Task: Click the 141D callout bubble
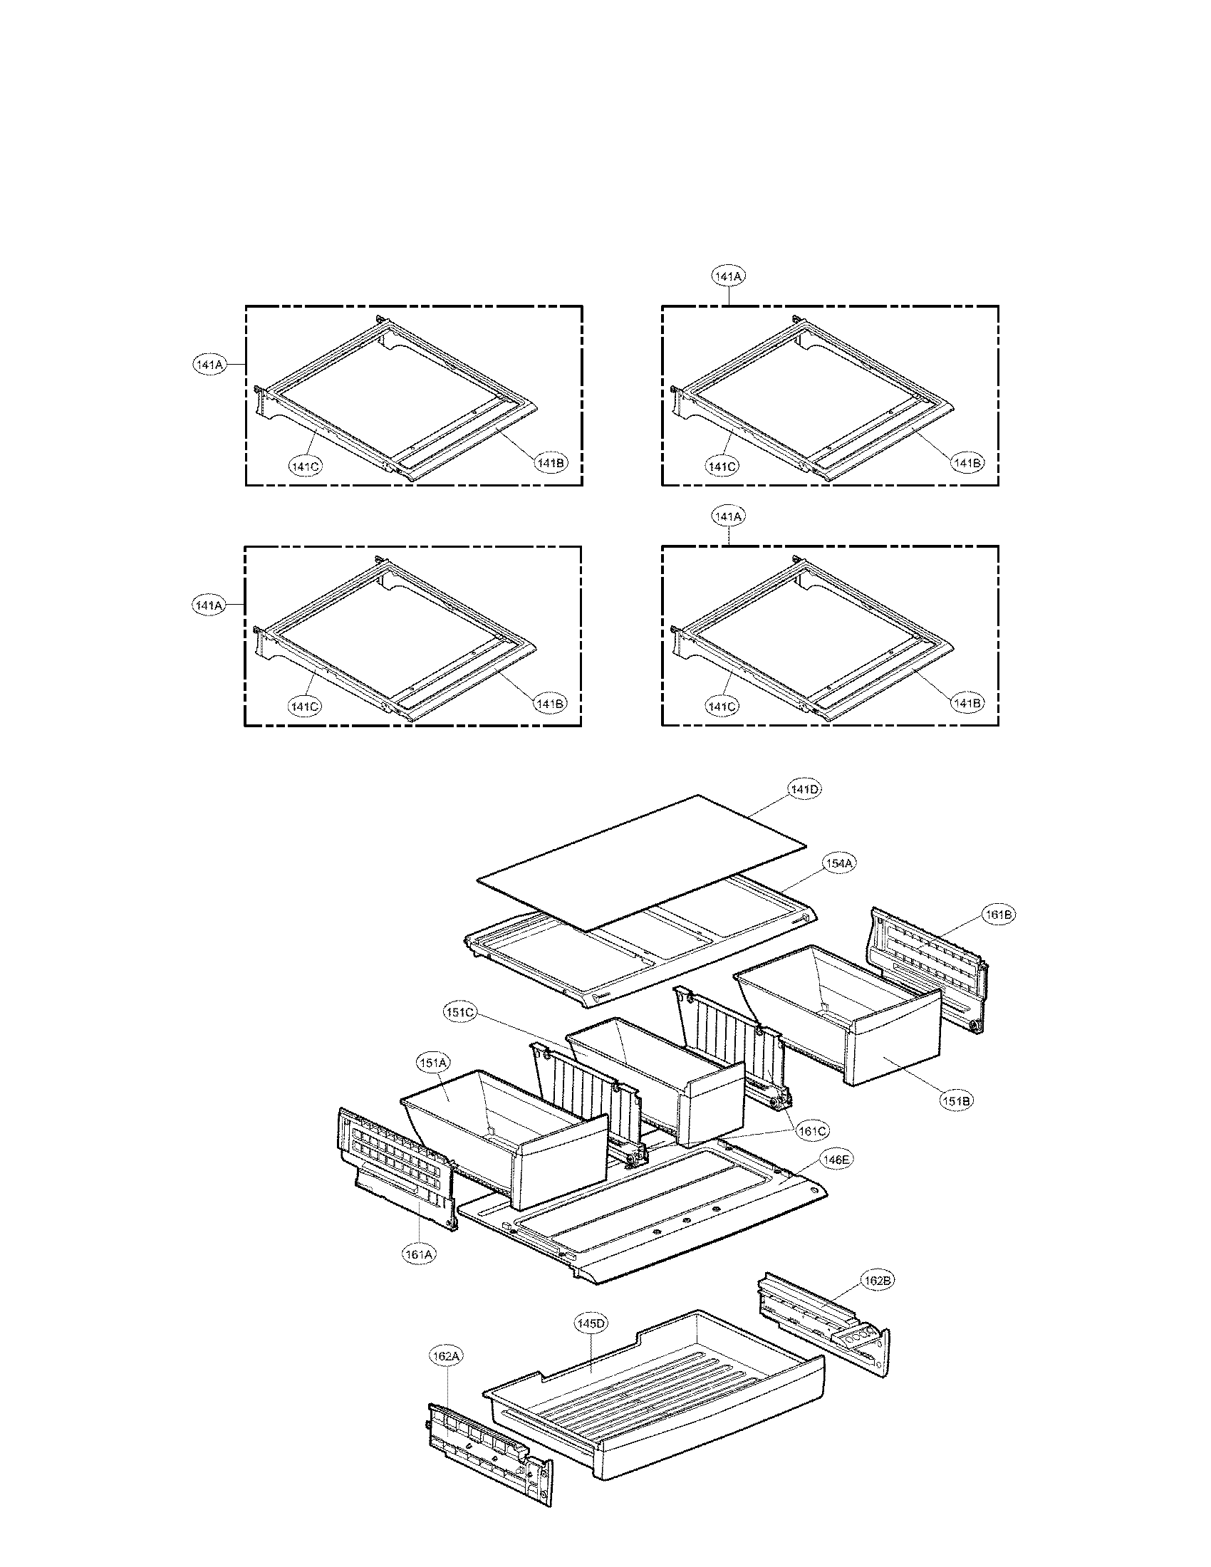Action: click(805, 789)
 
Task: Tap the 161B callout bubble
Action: click(999, 915)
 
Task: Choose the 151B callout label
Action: click(956, 1100)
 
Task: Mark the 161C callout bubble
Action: click(813, 1131)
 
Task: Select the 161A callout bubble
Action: click(419, 1254)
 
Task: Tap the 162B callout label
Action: click(878, 1281)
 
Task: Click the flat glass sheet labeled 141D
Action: click(638, 861)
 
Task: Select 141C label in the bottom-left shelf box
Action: click(305, 707)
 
